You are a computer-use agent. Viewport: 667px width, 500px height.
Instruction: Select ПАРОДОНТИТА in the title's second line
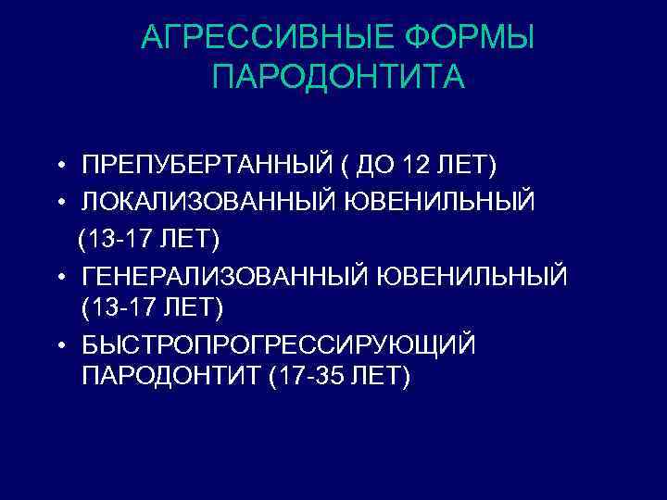[338, 78]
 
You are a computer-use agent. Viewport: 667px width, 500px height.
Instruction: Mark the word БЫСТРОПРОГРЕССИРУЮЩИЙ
[278, 344]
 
